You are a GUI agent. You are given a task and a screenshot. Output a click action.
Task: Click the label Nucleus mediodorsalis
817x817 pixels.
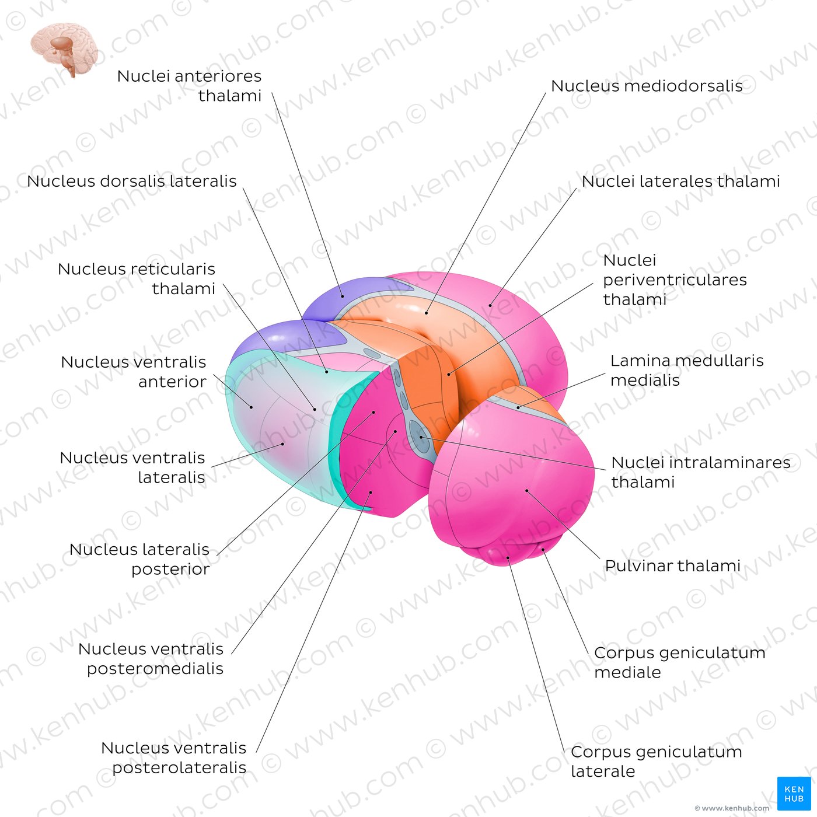coord(647,86)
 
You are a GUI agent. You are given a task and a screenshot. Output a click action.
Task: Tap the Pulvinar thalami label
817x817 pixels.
coord(672,565)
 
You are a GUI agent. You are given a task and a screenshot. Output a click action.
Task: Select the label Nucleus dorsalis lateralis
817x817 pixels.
coord(131,181)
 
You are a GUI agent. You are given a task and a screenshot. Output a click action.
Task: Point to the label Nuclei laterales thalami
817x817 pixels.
coord(680,181)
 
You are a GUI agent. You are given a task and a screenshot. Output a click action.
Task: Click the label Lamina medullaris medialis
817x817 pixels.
coord(687,370)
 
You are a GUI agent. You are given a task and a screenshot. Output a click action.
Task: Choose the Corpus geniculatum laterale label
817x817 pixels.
coord(657,762)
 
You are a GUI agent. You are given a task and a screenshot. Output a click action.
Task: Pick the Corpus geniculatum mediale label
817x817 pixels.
coord(680,662)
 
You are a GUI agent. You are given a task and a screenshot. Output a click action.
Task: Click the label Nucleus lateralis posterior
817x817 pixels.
coord(139,559)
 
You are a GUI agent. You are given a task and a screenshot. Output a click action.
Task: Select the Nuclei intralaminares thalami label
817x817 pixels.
coord(701,472)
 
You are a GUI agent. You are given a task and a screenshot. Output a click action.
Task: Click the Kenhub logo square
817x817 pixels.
coord(794,793)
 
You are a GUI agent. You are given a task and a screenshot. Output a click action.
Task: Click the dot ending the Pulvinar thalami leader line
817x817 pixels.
coord(527,491)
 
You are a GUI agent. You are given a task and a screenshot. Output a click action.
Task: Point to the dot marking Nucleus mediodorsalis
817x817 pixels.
coord(427,313)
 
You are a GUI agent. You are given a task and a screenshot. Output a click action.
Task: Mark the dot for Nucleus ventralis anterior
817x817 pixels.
coord(252,407)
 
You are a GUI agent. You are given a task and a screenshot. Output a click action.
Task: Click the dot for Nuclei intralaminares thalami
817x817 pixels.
coord(421,437)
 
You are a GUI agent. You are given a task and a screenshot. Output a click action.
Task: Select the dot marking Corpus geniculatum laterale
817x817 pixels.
coord(508,558)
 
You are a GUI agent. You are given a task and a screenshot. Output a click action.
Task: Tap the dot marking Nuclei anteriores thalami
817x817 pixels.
coord(343,296)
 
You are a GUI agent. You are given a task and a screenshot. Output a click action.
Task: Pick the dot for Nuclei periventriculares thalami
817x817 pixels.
coord(449,375)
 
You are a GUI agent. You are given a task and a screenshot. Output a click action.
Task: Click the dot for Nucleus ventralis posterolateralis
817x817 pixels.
coord(371,492)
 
